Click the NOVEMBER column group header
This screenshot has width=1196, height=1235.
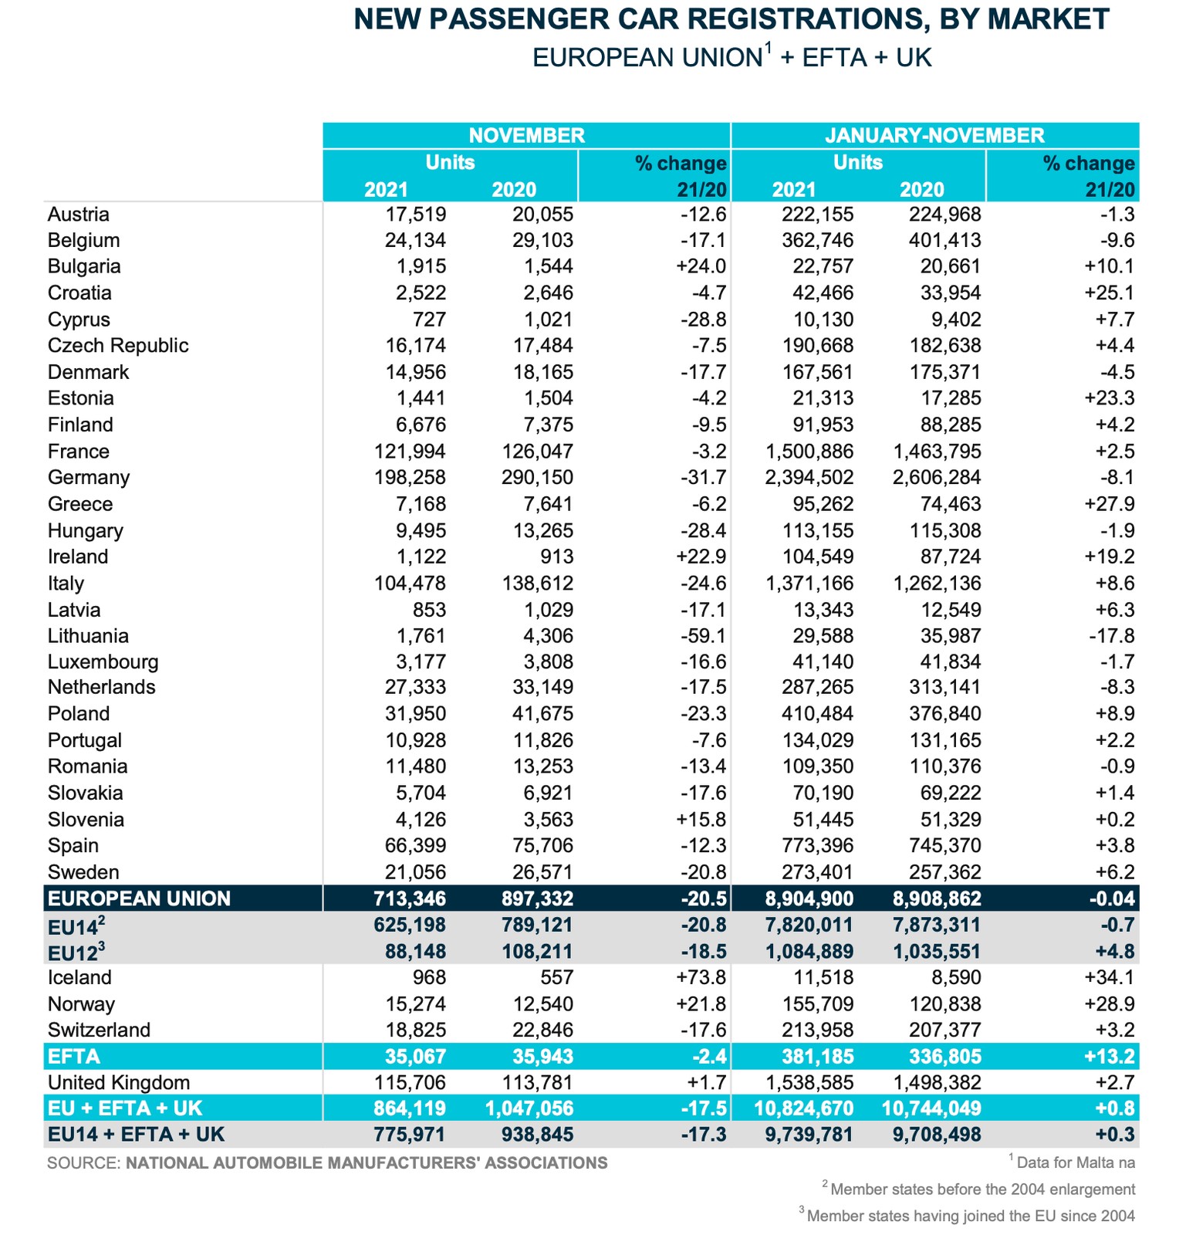point(526,135)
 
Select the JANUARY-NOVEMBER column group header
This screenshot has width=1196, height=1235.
point(934,135)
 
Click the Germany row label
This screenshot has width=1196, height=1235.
point(89,477)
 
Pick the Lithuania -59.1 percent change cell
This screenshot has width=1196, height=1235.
point(703,635)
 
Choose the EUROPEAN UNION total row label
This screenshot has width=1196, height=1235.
point(139,898)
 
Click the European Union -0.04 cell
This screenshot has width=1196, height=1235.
point(1109,898)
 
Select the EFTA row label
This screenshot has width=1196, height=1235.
point(74,1056)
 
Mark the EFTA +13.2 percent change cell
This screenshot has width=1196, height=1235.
point(1109,1056)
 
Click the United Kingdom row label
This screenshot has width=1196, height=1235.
point(119,1082)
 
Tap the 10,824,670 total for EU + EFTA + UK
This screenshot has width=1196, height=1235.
point(803,1108)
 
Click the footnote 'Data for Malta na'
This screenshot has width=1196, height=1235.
point(1075,1162)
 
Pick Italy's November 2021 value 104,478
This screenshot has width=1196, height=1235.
point(410,583)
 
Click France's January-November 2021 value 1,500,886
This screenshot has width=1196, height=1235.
point(809,451)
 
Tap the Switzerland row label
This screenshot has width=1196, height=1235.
point(99,1030)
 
